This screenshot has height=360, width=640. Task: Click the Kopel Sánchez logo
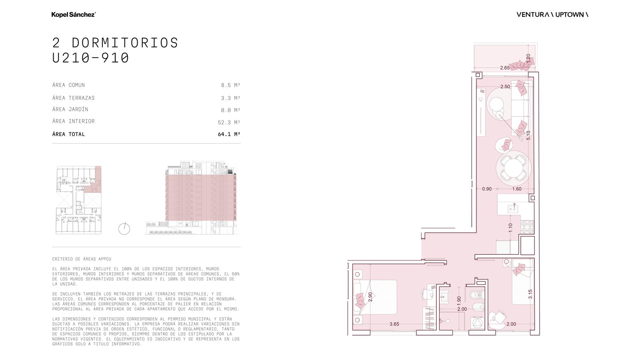pos(74,14)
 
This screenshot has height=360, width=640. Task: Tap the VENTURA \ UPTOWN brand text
pos(552,14)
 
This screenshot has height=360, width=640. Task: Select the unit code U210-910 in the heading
pos(91,58)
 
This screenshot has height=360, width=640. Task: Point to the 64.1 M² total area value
pos(229,134)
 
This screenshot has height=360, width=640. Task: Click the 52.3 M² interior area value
pos(229,122)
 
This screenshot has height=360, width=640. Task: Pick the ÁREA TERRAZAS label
pos(74,98)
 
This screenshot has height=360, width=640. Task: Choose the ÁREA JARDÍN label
pos(70,109)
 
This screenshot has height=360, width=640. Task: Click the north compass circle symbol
pos(124,229)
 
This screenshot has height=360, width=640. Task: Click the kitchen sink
pos(513,209)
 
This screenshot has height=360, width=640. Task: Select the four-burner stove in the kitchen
pos(527,227)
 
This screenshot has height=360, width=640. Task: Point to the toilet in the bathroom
pos(478,294)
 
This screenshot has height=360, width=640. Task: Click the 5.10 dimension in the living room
pos(528,135)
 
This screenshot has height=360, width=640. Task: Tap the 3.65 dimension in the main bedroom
pos(394,324)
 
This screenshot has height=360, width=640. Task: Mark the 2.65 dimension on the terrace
pos(505,68)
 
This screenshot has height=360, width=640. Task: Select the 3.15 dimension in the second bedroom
pos(530,294)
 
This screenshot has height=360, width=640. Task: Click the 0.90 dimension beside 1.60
pos(487,189)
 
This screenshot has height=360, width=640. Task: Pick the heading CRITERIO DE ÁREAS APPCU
pos(82,259)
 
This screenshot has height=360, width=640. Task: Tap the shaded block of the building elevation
pos(201,198)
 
